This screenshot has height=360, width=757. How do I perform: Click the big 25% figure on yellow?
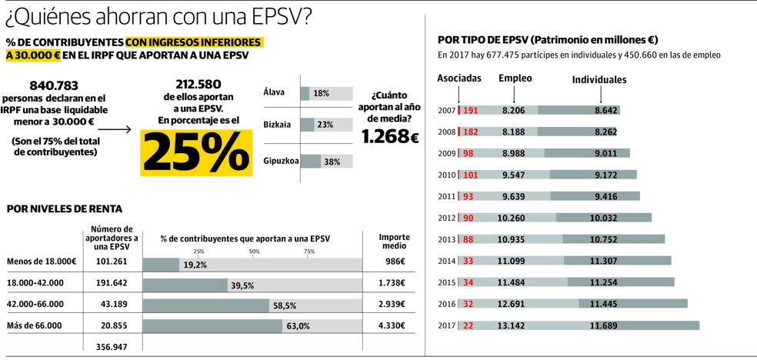(196, 152)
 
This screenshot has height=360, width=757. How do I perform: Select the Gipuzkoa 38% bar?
(325, 162)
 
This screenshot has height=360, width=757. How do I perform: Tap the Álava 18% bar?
(325, 93)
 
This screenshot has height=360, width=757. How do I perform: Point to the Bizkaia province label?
(278, 124)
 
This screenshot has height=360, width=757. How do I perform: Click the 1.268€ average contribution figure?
(390, 138)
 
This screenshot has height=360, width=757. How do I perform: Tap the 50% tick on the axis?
(254, 252)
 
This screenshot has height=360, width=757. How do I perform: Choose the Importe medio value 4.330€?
(393, 326)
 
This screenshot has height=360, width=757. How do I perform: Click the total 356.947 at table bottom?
(112, 348)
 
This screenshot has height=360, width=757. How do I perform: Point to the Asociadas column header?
(459, 78)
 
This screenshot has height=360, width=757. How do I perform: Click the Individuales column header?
(599, 79)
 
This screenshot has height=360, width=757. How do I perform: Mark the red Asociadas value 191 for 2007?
(470, 111)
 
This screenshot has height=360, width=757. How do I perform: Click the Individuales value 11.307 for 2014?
(606, 261)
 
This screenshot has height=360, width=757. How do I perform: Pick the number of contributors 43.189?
(112, 305)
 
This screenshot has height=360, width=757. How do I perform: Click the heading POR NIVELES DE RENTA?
(64, 208)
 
